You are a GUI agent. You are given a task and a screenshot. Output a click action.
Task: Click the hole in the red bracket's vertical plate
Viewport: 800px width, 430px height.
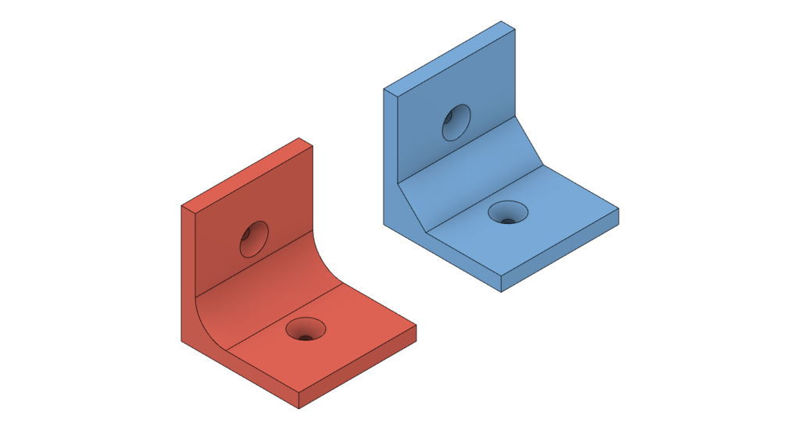(x=254, y=239)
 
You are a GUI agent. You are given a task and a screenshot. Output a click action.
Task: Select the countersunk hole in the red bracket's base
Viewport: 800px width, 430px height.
(x=305, y=329)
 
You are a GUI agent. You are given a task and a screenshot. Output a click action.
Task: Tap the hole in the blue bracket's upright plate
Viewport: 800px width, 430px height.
(x=456, y=123)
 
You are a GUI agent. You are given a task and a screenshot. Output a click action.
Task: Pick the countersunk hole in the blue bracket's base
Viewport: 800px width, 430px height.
(x=508, y=212)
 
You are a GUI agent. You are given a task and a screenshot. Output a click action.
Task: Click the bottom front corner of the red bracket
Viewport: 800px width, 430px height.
(x=299, y=407)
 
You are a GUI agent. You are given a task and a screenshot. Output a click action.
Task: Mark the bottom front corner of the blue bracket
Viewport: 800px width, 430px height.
(x=502, y=292)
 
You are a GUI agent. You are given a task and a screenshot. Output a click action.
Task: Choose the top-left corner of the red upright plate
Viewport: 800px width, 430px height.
(x=182, y=206)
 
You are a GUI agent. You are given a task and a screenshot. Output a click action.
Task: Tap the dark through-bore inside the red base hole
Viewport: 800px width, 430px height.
(x=306, y=336)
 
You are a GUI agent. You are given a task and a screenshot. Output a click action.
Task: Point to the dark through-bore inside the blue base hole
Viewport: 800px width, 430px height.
(x=509, y=220)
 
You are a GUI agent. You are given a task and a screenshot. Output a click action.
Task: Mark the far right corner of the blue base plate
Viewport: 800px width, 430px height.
(x=618, y=208)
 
